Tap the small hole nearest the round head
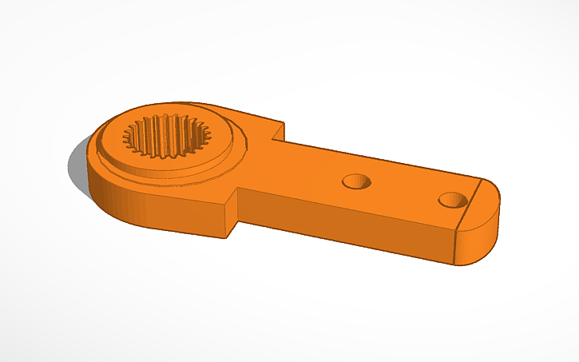(356, 181)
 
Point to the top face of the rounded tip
(484, 200)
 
